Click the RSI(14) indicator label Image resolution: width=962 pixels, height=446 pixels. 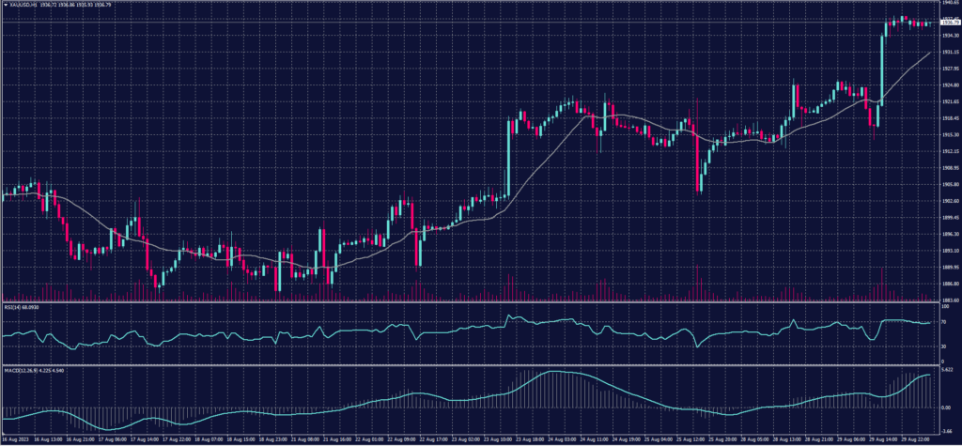(x=19, y=305)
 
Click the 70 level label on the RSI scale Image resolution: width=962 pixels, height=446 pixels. (x=943, y=321)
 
